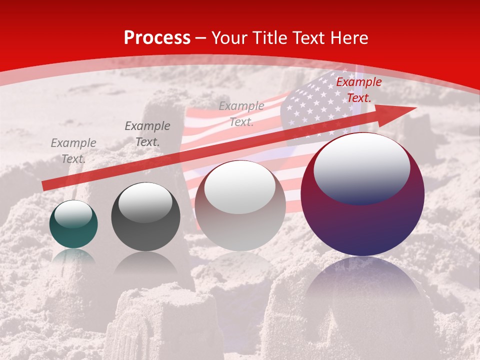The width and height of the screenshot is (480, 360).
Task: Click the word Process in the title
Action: (157, 38)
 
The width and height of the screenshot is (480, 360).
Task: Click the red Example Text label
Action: (358, 90)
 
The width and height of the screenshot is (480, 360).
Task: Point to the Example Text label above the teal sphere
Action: (73, 151)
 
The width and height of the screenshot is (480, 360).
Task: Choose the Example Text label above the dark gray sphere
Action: (147, 134)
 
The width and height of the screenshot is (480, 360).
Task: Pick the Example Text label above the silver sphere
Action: (241, 113)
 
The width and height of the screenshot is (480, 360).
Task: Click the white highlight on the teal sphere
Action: (73, 214)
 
